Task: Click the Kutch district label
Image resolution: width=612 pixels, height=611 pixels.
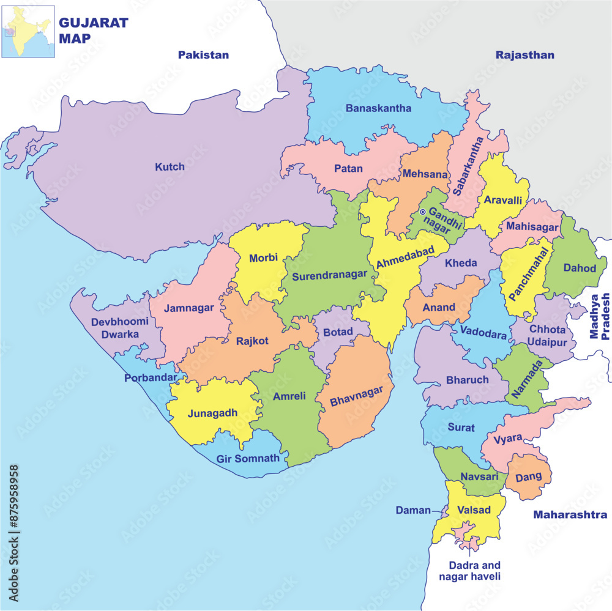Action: coord(170,166)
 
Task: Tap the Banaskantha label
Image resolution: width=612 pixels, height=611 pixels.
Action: coord(378,108)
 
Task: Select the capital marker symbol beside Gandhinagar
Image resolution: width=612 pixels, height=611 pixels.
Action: coord(422,212)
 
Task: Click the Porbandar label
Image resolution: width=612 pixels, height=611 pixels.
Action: coord(151,377)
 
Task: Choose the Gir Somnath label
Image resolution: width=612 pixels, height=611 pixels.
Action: coord(248,458)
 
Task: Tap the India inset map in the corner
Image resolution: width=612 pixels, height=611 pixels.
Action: coord(28,31)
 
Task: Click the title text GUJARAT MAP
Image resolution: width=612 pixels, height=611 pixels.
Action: coord(93,30)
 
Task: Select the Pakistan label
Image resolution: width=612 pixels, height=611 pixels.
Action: coord(203,55)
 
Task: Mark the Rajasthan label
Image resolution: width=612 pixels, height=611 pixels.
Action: coord(525,55)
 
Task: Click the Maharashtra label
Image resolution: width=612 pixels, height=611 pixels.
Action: coord(570,514)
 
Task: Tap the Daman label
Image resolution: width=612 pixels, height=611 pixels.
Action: coord(413,510)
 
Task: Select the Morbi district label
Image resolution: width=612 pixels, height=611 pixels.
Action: coord(264,258)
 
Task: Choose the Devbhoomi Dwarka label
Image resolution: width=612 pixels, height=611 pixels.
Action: coord(120,328)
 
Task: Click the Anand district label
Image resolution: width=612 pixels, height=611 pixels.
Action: coord(439,307)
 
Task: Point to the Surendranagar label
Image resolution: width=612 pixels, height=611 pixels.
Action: coord(329,276)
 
